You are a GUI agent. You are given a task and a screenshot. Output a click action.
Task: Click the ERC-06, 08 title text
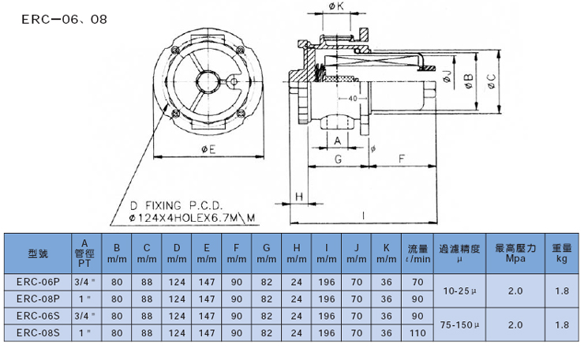[64, 19]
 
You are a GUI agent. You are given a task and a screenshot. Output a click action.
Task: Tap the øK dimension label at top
[336, 6]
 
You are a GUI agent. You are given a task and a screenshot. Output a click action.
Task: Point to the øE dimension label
[208, 149]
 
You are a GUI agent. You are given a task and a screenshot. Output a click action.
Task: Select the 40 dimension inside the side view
[352, 99]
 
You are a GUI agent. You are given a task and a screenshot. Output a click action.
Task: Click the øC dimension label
[491, 81]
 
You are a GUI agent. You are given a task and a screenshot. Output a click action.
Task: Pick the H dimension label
[299, 197]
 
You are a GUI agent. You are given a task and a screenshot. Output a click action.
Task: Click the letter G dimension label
[338, 159]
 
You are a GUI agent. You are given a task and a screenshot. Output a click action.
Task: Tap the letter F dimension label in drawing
[401, 159]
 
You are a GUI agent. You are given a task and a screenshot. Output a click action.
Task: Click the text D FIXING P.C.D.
[176, 205]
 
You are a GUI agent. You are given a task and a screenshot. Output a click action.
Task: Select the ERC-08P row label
[38, 299]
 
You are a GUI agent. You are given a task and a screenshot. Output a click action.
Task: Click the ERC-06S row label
[38, 316]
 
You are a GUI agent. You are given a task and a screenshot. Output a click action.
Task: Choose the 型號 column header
[38, 253]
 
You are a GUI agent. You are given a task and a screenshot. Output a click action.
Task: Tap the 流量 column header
[417, 249]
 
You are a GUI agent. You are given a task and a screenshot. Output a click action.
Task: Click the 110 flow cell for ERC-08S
[417, 332]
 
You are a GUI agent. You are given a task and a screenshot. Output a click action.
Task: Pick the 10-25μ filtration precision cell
[459, 291]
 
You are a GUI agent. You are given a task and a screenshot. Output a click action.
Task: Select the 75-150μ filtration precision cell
[459, 324]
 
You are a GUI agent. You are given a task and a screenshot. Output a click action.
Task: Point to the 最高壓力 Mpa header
[515, 253]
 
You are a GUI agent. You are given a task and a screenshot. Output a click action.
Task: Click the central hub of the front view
[208, 81]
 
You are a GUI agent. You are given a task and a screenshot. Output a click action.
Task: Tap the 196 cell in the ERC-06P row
[326, 282]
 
